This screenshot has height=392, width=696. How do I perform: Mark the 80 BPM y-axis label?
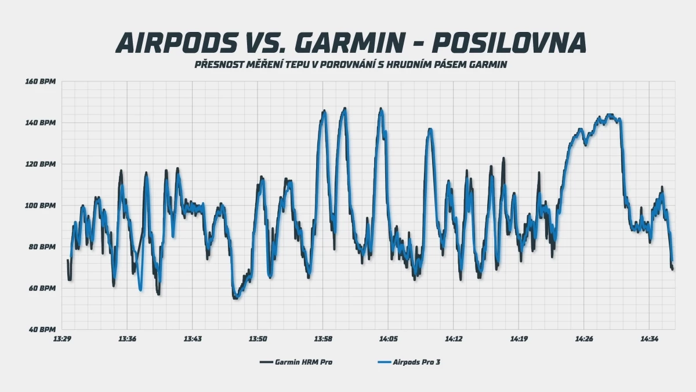(42, 247)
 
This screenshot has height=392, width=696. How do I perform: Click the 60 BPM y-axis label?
(42, 288)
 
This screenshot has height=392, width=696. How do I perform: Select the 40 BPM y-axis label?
(42, 329)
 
